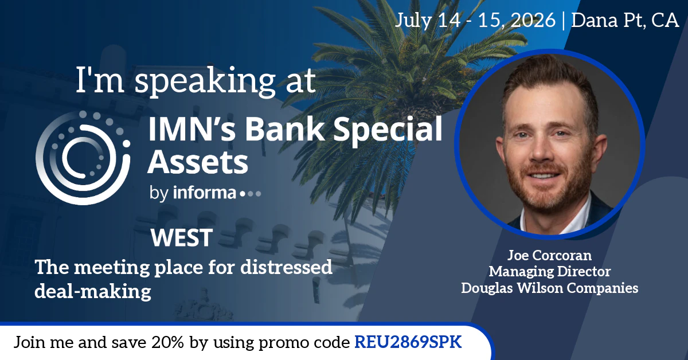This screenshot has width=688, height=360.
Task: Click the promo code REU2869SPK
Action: [x=408, y=342]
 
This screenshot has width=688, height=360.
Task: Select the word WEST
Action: [x=182, y=237]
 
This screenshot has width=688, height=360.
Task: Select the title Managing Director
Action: [x=549, y=271]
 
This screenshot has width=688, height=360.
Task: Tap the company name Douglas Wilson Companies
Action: [x=549, y=288]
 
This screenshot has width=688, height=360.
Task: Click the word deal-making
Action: [x=93, y=291]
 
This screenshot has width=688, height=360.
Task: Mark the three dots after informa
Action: [x=251, y=194]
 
